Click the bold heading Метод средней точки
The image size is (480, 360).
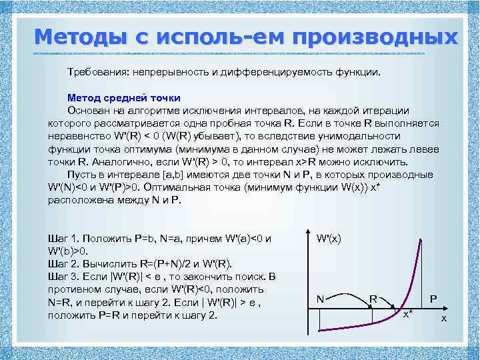123,97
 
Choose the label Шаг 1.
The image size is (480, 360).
65,238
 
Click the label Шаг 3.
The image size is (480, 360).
65,277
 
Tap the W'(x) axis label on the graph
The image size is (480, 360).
329,238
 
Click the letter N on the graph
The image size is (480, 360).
321,300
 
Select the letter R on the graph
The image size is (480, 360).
375,300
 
